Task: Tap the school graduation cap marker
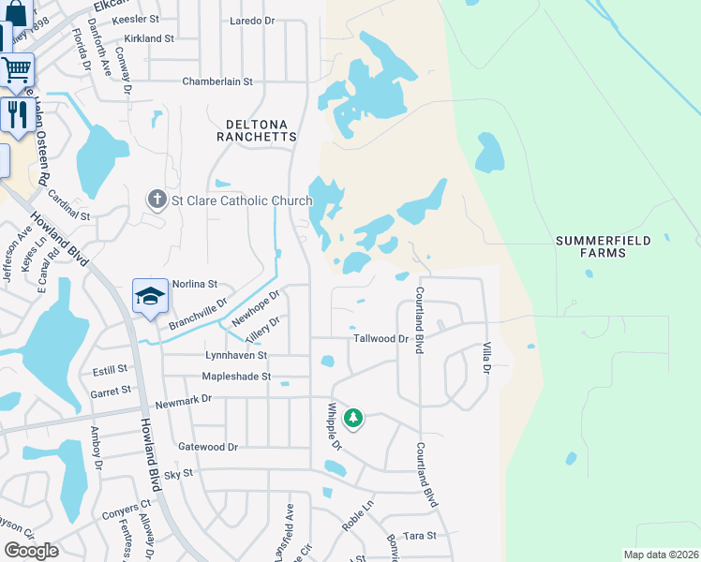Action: tap(150, 296)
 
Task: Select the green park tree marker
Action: tap(353, 418)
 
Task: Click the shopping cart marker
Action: tap(16, 69)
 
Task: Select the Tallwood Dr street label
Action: tap(381, 339)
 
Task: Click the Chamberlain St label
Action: tap(217, 81)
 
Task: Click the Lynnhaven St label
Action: tap(236, 356)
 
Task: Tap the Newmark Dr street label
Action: tap(184, 398)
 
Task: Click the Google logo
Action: tap(32, 551)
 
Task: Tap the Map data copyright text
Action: tap(661, 555)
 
